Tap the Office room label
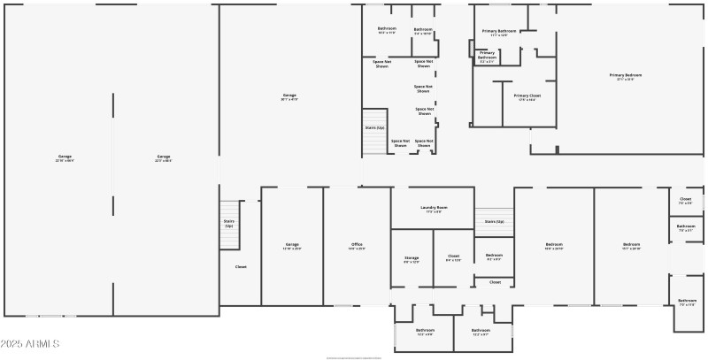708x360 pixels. (x=357, y=246)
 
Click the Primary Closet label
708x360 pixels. (x=527, y=96)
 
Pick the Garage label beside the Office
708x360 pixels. (x=292, y=246)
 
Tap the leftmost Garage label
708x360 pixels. (x=65, y=158)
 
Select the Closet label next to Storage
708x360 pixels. (x=453, y=257)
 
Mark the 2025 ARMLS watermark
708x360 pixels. (x=30, y=343)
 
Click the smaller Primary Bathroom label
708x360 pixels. (x=488, y=59)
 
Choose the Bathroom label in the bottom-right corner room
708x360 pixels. (x=688, y=302)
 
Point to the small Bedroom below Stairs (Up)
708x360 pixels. (x=494, y=257)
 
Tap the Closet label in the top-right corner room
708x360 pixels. (x=685, y=201)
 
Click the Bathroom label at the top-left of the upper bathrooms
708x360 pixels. (x=387, y=30)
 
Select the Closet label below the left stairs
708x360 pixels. (x=241, y=266)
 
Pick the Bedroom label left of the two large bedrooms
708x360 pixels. (x=554, y=246)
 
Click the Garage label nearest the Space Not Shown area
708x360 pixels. (x=289, y=96)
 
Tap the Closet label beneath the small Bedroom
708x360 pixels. (x=495, y=282)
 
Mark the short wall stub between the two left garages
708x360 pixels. (x=113, y=133)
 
